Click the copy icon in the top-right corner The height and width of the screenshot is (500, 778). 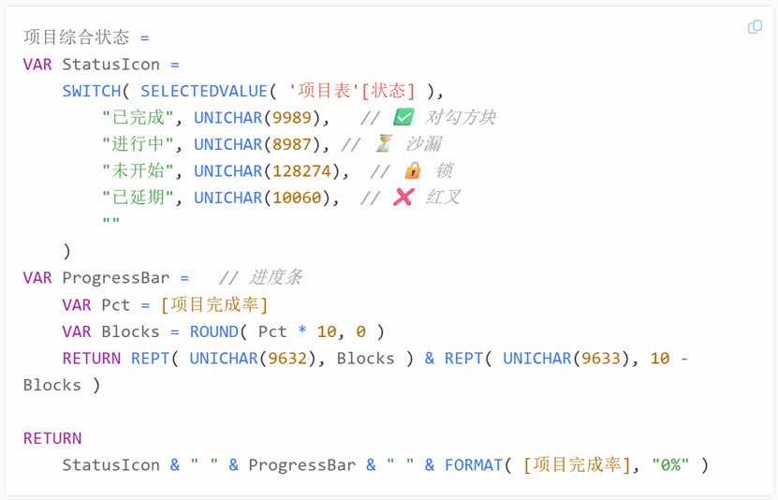point(755,27)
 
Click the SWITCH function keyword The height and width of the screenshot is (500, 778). point(92,91)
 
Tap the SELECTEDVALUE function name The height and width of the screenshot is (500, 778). point(203,91)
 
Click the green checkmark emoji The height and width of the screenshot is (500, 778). point(404,118)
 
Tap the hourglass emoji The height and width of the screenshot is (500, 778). point(384,144)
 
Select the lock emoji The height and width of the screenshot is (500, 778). point(413,171)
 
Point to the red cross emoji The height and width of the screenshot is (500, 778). point(404,198)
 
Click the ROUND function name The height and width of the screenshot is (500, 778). point(214,331)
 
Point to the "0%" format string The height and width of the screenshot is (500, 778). point(670,465)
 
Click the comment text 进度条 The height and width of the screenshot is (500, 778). point(276,278)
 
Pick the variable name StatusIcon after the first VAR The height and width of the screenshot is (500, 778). point(110,65)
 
